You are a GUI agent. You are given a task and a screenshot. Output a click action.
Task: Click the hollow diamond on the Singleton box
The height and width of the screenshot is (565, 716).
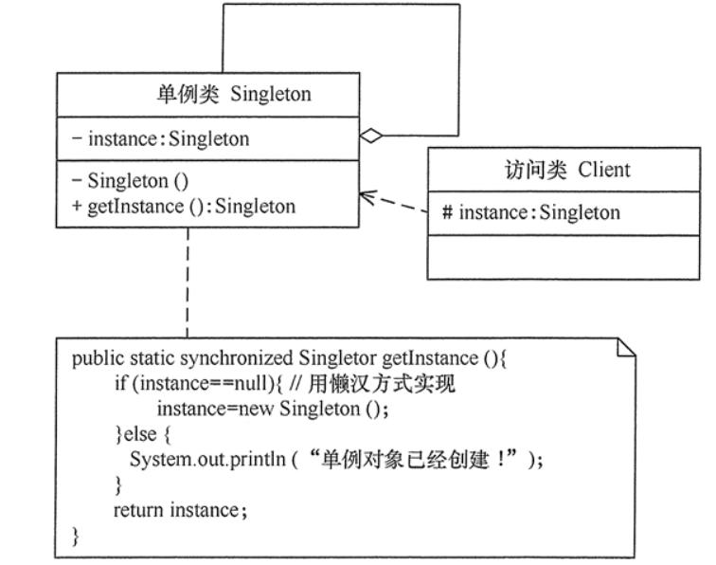pos(372,137)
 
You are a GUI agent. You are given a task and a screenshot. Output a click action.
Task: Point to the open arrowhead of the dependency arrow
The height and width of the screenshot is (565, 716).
pos(365,196)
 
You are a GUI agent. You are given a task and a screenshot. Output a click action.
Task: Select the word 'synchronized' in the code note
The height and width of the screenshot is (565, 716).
pos(248,359)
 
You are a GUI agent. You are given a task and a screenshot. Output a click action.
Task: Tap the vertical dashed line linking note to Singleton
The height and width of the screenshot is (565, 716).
pos(187,284)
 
